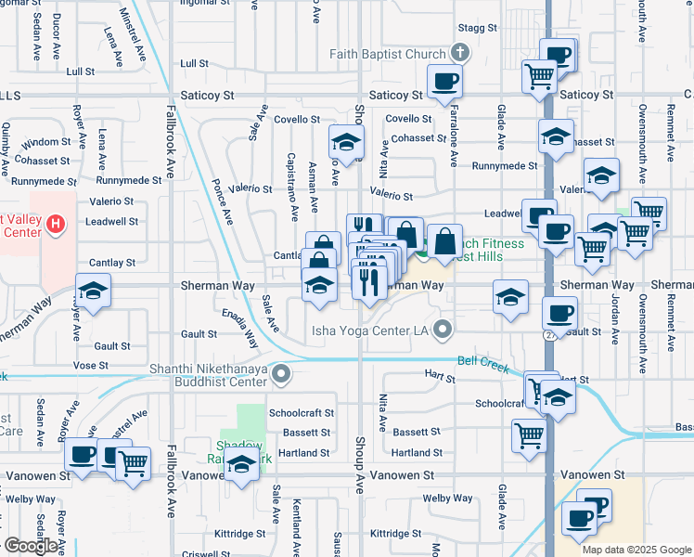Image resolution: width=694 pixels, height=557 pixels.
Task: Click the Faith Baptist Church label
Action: point(385,54)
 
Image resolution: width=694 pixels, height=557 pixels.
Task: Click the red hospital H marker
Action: point(55,224)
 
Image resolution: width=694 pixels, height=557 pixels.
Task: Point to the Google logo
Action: point(31,546)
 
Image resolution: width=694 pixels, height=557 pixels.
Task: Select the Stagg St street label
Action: point(478,29)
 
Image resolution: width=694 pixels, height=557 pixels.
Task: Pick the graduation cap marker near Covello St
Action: point(345,142)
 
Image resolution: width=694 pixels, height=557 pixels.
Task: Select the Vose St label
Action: point(91,366)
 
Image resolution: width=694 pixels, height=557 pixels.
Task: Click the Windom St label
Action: point(39,143)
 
